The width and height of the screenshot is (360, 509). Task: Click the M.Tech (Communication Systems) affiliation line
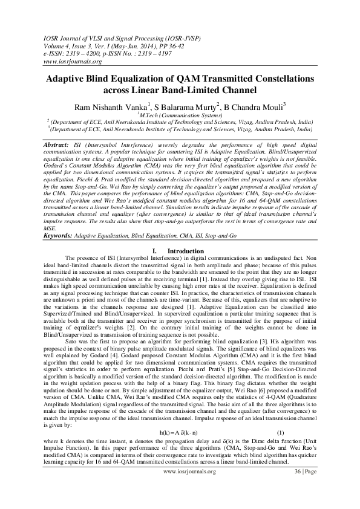(179, 115)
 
